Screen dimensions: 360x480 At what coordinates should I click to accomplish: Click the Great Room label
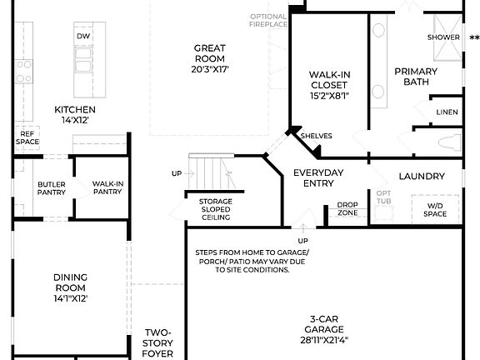click(x=210, y=59)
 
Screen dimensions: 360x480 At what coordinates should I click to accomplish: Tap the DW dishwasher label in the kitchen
click(x=83, y=37)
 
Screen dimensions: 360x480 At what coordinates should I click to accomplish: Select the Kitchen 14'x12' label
click(x=75, y=115)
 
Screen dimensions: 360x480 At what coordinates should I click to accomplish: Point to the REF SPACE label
click(x=27, y=137)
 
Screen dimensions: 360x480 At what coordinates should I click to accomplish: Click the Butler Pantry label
click(x=51, y=188)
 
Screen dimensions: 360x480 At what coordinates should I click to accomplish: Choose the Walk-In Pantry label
click(x=108, y=188)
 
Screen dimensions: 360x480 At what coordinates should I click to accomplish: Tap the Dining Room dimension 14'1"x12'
click(x=70, y=297)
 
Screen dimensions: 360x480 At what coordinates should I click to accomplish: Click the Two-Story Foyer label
click(x=158, y=342)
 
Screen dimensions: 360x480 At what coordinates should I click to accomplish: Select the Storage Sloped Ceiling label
click(x=214, y=209)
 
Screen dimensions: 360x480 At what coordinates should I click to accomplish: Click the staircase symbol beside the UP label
click(x=213, y=172)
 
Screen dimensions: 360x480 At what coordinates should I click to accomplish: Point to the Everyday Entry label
click(x=318, y=177)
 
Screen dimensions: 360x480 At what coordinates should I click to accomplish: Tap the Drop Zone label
click(x=347, y=209)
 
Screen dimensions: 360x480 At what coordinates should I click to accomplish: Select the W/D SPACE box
click(x=436, y=210)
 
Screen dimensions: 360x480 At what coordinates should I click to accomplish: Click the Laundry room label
click(x=421, y=176)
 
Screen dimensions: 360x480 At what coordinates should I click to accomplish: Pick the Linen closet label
click(x=447, y=112)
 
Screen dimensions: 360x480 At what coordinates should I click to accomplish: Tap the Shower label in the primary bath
click(x=443, y=37)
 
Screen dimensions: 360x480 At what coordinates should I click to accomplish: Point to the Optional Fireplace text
click(x=268, y=20)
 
